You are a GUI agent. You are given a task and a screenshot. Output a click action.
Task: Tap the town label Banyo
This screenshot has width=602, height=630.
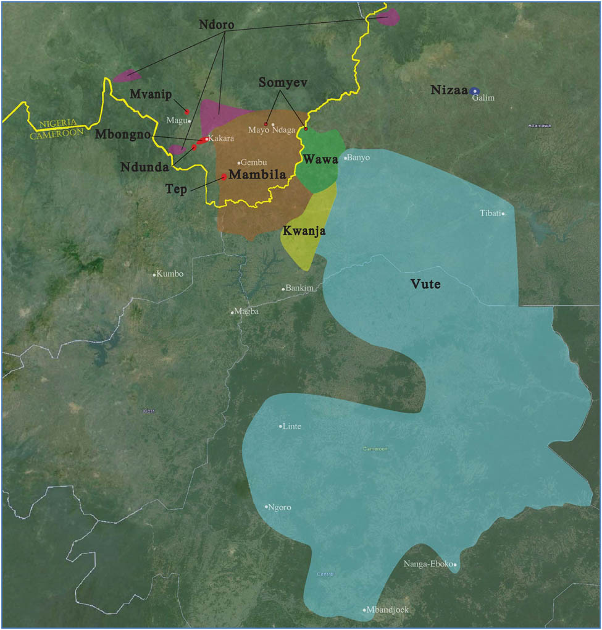(x=359, y=157)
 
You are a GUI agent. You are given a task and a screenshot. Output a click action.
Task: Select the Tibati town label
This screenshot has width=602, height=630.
(x=491, y=213)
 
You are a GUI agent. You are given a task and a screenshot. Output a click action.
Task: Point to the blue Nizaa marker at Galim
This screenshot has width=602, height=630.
(x=474, y=91)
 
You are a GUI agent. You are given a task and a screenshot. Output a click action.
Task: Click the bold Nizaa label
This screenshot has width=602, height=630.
(x=448, y=90)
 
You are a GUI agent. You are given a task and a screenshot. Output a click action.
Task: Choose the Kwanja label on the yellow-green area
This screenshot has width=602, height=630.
(x=303, y=231)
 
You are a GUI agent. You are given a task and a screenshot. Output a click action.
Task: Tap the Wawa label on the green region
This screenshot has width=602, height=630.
(x=320, y=159)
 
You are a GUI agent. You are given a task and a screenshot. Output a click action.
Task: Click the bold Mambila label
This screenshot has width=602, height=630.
(x=257, y=175)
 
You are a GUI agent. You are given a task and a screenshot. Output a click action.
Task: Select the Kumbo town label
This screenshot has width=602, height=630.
(x=170, y=274)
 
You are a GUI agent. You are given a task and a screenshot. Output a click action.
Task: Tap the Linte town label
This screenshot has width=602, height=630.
(x=292, y=426)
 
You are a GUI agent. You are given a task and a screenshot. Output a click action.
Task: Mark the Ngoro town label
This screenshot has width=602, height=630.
(x=280, y=508)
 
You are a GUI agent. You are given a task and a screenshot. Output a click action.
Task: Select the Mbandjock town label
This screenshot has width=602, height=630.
(x=388, y=610)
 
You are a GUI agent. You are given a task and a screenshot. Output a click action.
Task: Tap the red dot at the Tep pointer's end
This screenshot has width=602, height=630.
(x=224, y=177)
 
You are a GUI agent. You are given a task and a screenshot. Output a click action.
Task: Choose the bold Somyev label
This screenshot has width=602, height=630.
(x=282, y=82)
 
